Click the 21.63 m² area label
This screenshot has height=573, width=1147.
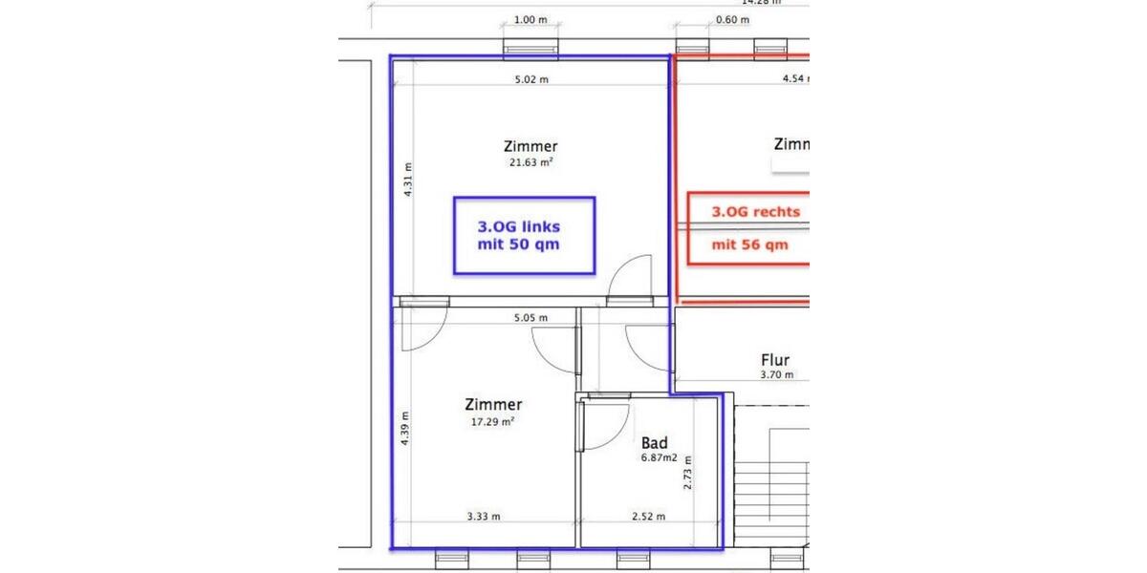coord(530,162)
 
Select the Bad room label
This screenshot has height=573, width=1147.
coord(655,443)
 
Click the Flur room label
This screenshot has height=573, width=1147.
coord(775,360)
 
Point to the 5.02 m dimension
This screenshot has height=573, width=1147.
coord(531,79)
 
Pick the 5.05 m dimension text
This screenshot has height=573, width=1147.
coord(530,318)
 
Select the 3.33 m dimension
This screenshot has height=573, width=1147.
coord(484,517)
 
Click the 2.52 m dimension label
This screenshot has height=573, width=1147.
coord(648,517)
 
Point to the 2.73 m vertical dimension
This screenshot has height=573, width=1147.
coord(687,472)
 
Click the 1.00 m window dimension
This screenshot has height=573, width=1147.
coord(530,19)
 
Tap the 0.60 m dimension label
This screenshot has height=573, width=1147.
coord(732,19)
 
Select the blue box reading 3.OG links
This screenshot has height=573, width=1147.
coord(524,236)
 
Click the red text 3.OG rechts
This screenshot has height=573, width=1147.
coord(755,212)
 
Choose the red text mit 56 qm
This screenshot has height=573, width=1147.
coord(750,244)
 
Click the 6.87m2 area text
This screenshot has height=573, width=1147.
coord(660,458)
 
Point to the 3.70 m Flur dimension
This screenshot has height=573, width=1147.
coord(776,375)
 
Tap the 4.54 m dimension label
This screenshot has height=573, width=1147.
coord(796,79)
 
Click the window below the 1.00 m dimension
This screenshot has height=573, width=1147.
coord(531,50)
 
